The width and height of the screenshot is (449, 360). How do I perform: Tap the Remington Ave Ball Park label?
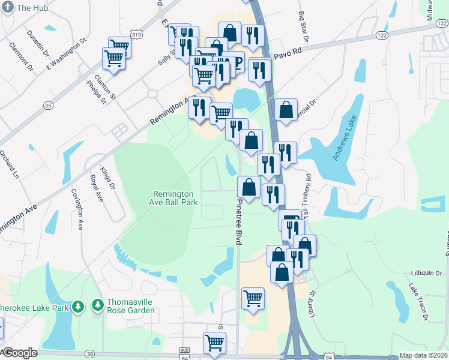tap(173, 198)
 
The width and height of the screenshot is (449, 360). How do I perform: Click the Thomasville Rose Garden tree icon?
tap(97, 307)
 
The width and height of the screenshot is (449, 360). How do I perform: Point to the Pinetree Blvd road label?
tap(238, 222)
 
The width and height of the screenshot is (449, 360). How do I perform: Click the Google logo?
tap(20, 353)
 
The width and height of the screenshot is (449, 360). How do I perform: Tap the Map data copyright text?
tap(424, 355)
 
